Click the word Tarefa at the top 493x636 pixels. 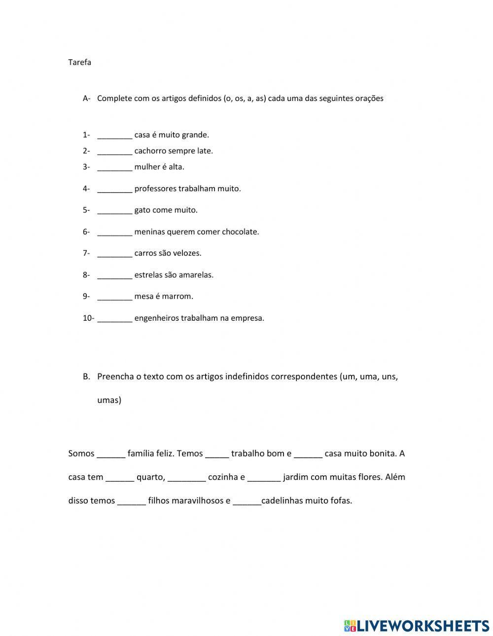79,63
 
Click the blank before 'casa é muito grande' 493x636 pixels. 115,135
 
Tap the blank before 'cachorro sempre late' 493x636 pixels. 115,152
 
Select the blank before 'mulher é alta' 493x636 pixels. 115,167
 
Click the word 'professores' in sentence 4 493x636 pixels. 155,189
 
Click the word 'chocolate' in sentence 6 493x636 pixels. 240,232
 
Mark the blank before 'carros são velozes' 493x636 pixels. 115,254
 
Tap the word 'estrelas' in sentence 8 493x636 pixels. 148,275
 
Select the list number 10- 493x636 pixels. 88,318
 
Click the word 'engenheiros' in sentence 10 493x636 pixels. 156,318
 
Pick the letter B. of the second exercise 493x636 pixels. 86,377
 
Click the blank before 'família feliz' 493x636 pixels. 111,454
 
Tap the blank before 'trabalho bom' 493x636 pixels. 217,454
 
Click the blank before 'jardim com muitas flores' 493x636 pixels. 264,478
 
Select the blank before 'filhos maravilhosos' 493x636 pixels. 132,502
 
